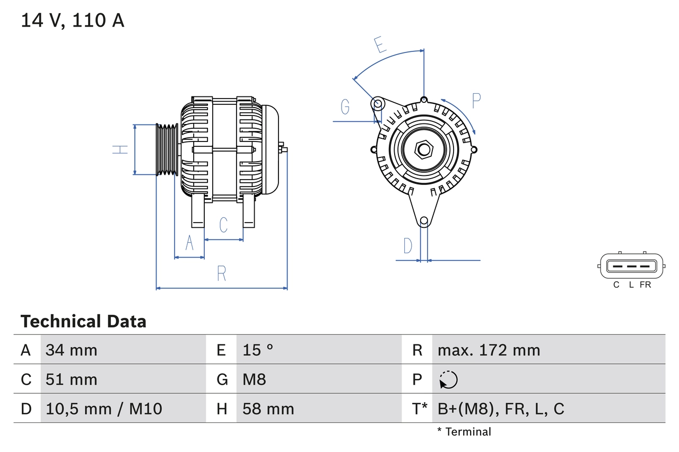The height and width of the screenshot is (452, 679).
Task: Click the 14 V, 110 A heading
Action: click(72, 21)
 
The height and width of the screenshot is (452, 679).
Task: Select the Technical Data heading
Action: click(83, 322)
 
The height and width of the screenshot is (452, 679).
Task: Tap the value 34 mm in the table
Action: click(71, 350)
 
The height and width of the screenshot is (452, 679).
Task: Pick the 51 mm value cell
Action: click(71, 379)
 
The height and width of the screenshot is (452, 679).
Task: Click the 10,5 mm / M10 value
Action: click(104, 409)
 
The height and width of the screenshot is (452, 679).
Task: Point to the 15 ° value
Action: click(258, 350)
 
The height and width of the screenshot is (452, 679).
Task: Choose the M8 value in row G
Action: click(254, 379)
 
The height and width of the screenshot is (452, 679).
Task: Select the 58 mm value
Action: click(268, 409)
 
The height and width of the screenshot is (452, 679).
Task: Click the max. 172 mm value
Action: click(489, 350)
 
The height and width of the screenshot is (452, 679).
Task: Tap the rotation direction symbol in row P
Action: click(448, 380)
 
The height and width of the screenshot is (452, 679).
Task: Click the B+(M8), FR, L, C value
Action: click(500, 409)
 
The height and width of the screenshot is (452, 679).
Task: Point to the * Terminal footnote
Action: click(464, 432)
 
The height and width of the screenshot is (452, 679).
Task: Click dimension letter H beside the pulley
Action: click(121, 149)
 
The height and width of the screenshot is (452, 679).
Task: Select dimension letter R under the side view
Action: click(222, 274)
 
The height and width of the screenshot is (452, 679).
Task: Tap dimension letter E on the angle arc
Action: click(379, 46)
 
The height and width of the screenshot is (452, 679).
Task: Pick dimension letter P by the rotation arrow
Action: click(476, 101)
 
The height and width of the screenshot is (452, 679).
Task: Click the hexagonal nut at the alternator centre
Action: click(423, 149)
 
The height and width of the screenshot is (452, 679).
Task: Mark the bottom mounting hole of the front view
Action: click(423, 221)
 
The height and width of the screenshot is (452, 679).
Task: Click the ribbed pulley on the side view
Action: click(167, 149)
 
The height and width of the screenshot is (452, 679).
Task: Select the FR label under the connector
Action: click(645, 285)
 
